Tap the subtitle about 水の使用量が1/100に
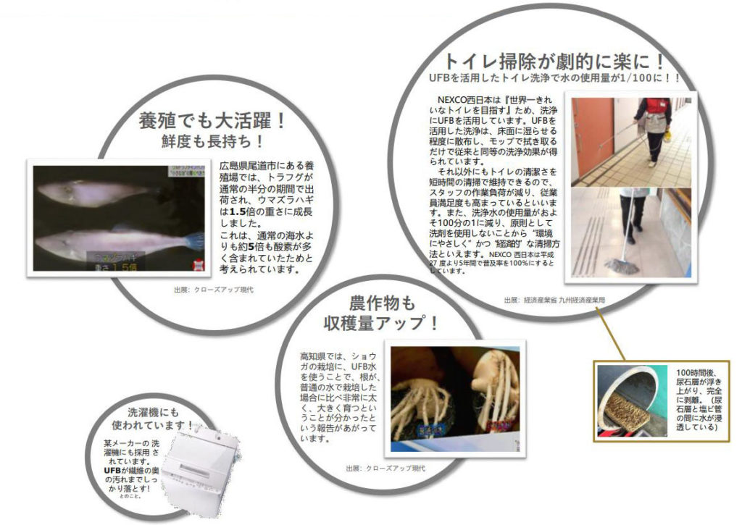pyautogui.click(x=555, y=78)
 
